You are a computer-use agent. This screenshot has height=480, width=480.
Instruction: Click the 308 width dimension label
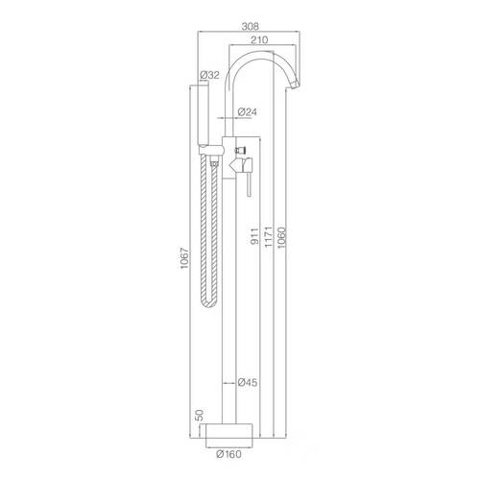pos(250,26)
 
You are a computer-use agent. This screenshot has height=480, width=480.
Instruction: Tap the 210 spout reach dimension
pos(259,40)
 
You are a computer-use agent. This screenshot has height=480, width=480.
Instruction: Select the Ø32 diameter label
pos(209,75)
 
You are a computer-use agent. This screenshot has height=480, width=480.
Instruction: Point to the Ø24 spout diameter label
pos(248,112)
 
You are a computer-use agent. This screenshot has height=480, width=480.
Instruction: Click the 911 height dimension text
pos(254,236)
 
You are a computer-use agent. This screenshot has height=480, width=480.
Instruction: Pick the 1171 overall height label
pos(268,236)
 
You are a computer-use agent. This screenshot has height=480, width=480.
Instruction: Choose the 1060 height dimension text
pos(281,237)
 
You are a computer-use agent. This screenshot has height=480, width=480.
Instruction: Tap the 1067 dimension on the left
pos(184,258)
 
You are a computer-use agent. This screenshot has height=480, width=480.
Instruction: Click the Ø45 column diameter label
pos(248,382)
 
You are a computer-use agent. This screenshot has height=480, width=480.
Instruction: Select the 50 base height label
pos(199,415)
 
